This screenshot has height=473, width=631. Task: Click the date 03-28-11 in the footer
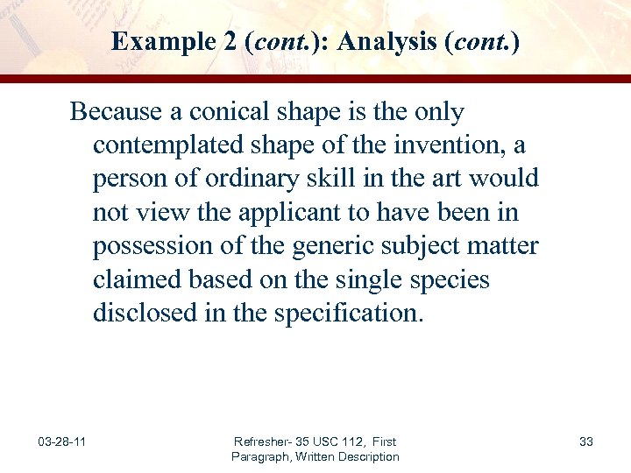[61, 441]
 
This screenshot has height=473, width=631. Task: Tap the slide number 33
[586, 441]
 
